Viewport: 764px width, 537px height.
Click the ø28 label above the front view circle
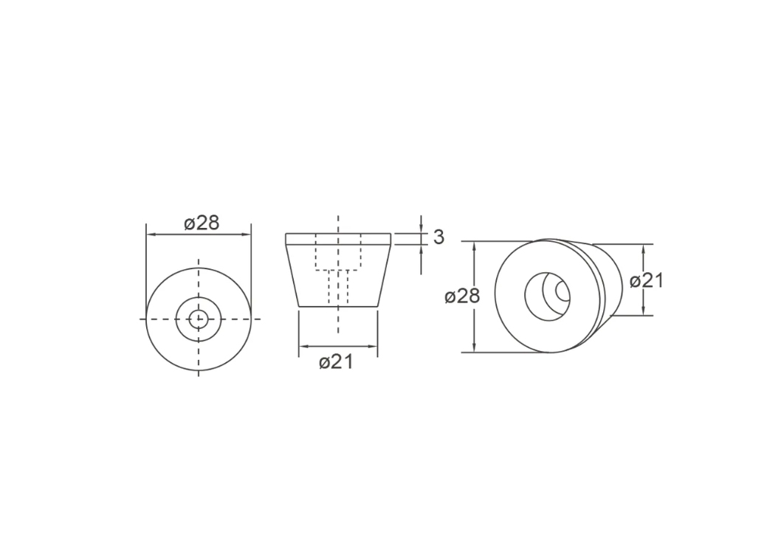(x=202, y=223)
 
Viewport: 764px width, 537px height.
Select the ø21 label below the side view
(x=336, y=363)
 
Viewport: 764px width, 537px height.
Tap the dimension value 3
(x=438, y=237)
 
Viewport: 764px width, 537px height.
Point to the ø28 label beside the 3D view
(x=462, y=296)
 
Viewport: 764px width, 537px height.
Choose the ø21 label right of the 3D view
(x=646, y=281)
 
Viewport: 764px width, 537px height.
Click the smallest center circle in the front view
(x=199, y=319)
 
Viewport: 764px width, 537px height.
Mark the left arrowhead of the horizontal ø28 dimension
(x=151, y=235)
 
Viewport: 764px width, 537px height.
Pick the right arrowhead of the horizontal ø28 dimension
(x=247, y=235)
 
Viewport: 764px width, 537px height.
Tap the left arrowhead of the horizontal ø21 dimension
(x=303, y=347)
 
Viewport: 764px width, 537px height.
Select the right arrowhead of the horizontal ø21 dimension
(x=373, y=347)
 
